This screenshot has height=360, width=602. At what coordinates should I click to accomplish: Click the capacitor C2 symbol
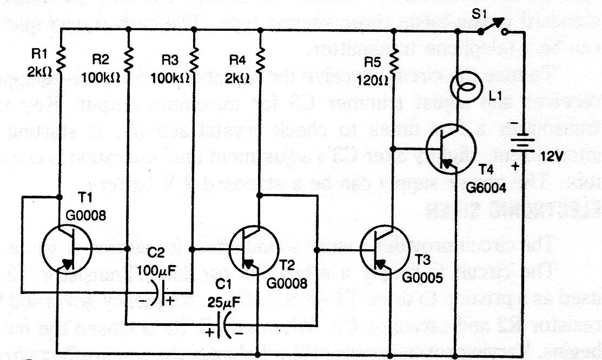pyautogui.click(x=158, y=295)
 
